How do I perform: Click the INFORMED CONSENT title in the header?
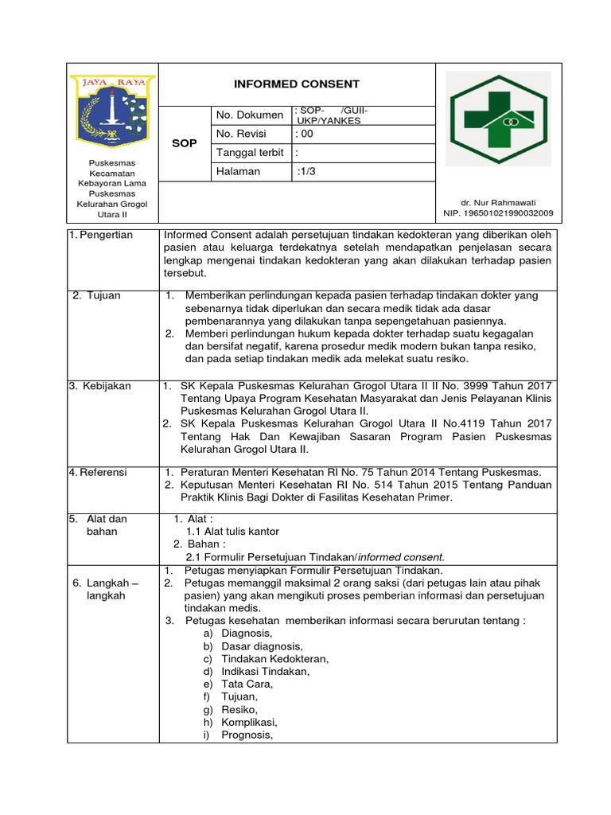pyautogui.click(x=296, y=84)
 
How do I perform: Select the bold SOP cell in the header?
pyautogui.click(x=185, y=143)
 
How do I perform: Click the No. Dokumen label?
pyautogui.click(x=249, y=115)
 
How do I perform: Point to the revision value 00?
pyautogui.click(x=305, y=134)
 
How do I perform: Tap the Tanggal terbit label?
pyautogui.click(x=250, y=153)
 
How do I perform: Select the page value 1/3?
pyautogui.click(x=307, y=171)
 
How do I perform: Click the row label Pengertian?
pyautogui.click(x=105, y=235)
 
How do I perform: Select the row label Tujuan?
pyautogui.click(x=96, y=295)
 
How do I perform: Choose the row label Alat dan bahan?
pyautogui.click(x=99, y=524)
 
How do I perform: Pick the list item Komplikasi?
pyautogui.click(x=250, y=722)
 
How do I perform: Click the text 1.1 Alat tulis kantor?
pyautogui.click(x=232, y=531)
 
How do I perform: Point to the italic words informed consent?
pyautogui.click(x=406, y=556)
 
